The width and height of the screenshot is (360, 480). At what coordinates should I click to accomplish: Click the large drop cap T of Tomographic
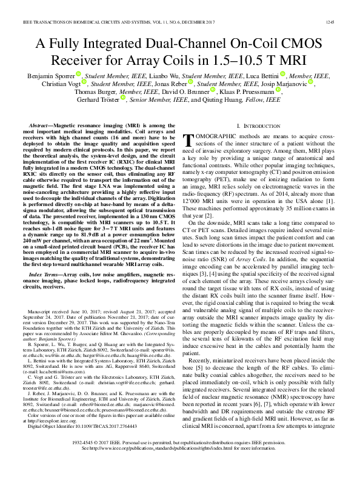click(x=188, y=141)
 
